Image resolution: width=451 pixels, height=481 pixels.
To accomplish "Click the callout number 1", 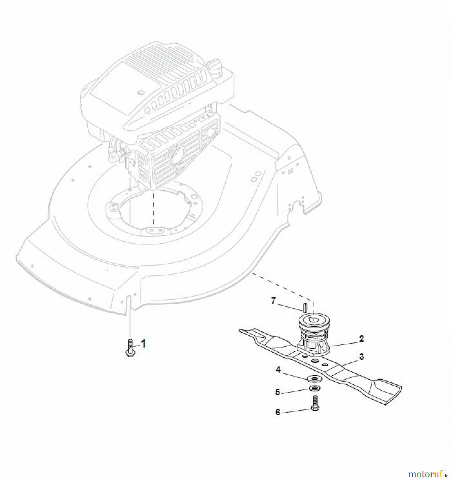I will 144,344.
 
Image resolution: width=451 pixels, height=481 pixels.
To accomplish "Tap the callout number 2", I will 361,339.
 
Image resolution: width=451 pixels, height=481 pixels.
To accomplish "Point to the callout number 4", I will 278,370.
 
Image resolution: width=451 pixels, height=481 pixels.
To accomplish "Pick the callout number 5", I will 278,392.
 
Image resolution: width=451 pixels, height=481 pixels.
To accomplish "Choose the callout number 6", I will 278,412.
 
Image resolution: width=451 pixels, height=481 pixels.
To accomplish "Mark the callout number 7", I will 273,301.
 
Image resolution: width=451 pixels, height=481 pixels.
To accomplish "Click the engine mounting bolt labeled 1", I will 130,348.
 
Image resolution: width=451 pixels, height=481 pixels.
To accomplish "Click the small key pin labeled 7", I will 304,308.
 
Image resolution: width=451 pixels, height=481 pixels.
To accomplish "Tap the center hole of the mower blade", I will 315,361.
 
